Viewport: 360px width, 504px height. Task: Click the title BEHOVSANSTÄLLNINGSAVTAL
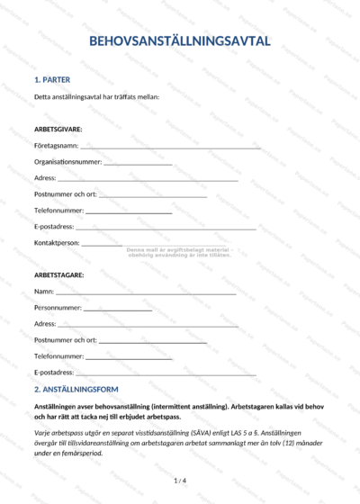(179, 41)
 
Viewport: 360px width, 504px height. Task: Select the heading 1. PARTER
(52, 79)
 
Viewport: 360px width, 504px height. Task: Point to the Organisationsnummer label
(67, 162)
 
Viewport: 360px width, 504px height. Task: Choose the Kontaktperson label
(57, 243)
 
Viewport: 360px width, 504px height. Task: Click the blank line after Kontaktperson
(102, 244)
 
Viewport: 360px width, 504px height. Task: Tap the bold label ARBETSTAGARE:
(58, 274)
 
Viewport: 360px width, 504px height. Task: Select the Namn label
(43, 292)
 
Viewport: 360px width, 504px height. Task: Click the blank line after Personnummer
(118, 309)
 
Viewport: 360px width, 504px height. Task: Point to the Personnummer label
(58, 308)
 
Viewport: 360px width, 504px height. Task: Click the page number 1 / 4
(179, 481)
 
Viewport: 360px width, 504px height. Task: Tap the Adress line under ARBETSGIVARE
(135, 178)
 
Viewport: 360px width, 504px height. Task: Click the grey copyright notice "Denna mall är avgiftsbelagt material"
(179, 249)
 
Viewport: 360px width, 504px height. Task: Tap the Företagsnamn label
(56, 146)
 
